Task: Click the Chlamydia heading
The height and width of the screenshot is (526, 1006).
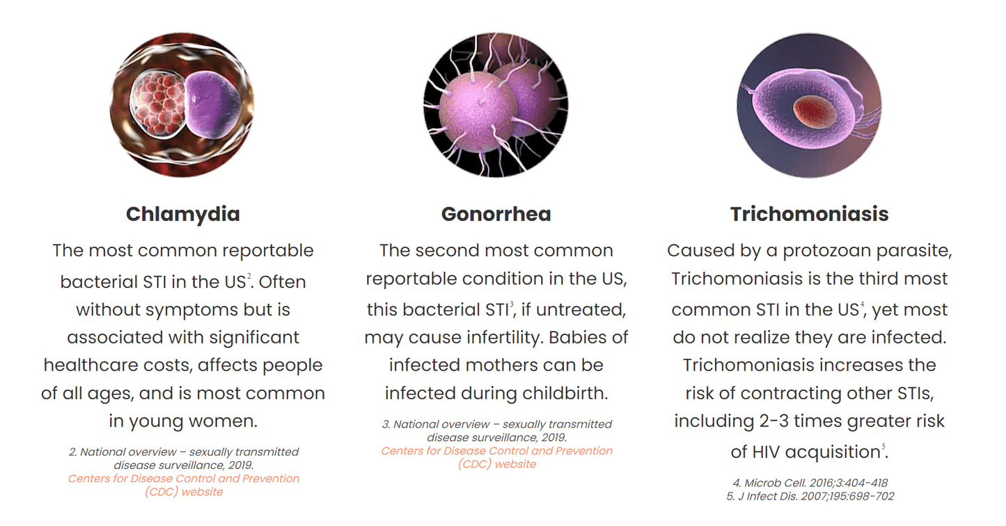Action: [183, 215]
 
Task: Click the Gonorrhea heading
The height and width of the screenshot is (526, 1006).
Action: [496, 214]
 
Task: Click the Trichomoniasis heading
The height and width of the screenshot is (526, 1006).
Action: [809, 214]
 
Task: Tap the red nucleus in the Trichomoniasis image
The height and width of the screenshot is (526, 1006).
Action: [815, 111]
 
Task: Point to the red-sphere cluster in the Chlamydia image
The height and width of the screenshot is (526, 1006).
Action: [157, 103]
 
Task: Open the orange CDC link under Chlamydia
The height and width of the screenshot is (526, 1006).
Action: [184, 485]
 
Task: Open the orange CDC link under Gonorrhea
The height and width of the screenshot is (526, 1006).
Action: [496, 457]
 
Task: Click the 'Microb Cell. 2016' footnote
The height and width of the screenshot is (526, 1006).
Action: [810, 483]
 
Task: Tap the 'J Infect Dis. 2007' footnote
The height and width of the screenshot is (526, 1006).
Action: [810, 496]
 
